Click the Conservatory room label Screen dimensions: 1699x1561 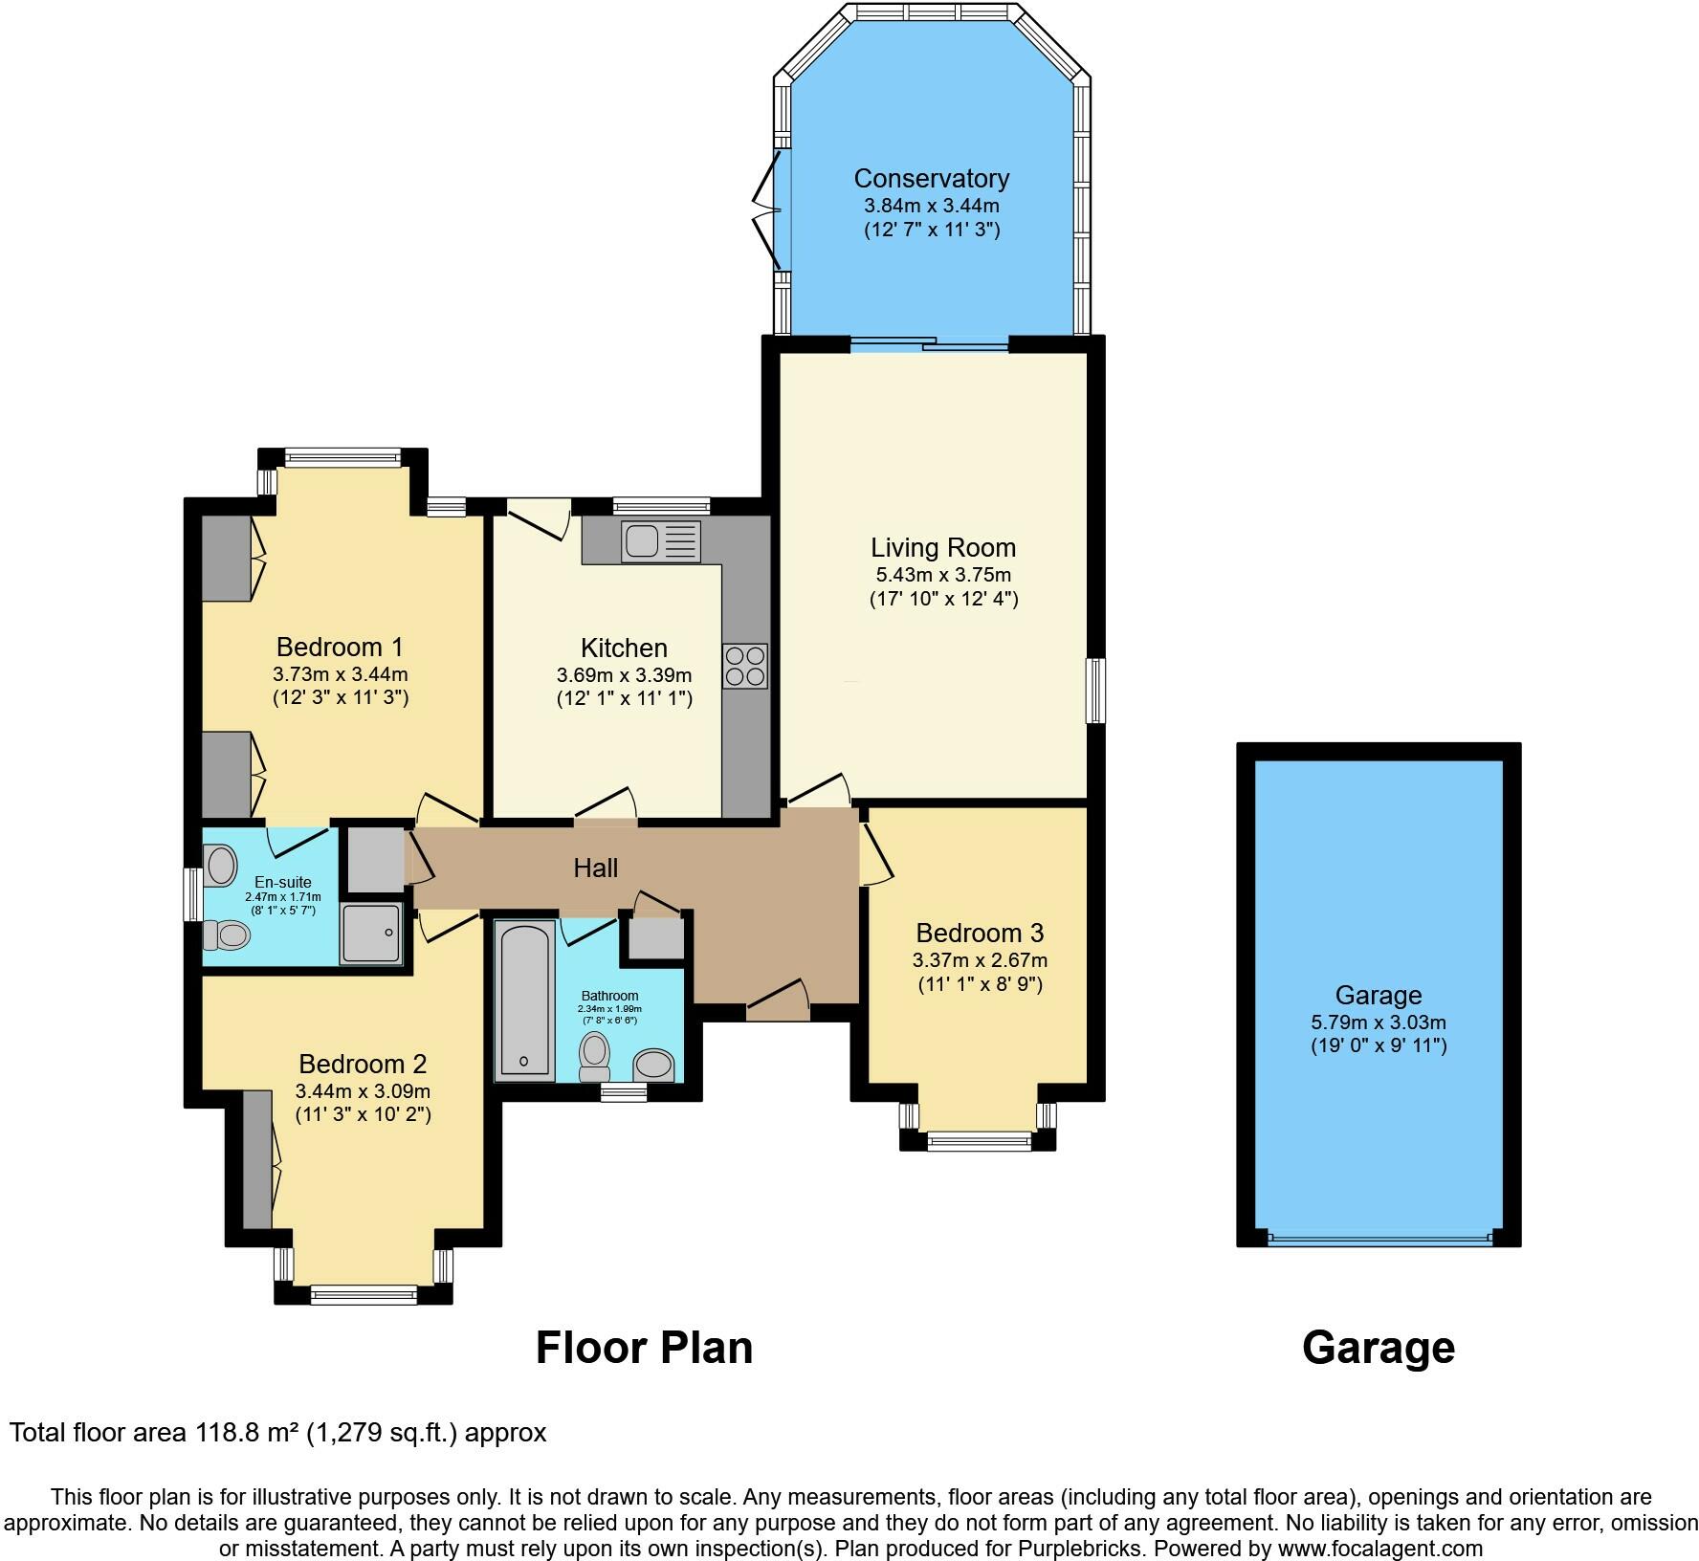[x=931, y=179]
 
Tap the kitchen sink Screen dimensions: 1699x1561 [x=661, y=541]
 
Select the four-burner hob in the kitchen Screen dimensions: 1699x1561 [x=745, y=666]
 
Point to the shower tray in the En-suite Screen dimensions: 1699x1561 [x=372, y=934]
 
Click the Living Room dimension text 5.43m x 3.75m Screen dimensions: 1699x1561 [x=943, y=575]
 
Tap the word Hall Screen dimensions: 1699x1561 [x=595, y=868]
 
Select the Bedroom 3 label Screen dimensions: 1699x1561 [x=980, y=933]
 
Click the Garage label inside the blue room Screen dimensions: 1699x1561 [x=1379, y=995]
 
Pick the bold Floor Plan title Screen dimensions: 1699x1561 [x=644, y=1348]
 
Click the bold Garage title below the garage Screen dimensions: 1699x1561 [x=1379, y=1348]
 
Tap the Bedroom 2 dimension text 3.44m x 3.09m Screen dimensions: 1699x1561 [x=363, y=1091]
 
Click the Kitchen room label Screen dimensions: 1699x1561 [x=624, y=648]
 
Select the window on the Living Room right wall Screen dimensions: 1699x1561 [x=1095, y=690]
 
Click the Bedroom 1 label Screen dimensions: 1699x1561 [x=340, y=647]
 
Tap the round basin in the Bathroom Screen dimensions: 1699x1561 [x=654, y=1064]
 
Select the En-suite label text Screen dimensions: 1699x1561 [x=282, y=882]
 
